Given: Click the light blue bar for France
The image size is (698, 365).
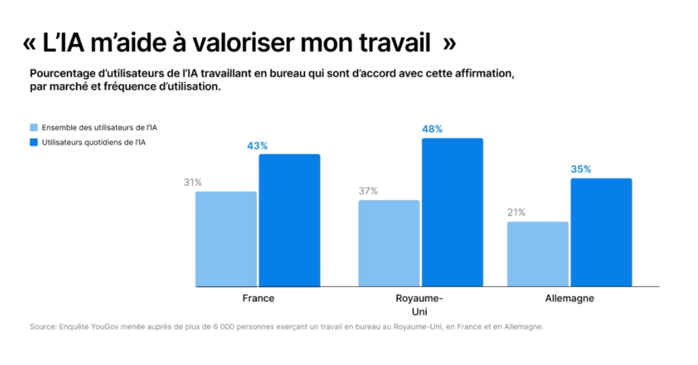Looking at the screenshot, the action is [226, 239].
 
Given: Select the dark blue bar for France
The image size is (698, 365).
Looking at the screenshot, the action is [290, 220].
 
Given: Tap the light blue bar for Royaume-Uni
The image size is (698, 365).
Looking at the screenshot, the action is [389, 243].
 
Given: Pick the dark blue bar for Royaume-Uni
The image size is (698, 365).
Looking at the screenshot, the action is [453, 212].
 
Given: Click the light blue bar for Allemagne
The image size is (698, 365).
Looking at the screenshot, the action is [538, 254].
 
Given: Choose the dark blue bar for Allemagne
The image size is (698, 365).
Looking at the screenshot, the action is [601, 232].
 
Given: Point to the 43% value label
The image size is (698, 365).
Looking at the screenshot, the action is [257, 146].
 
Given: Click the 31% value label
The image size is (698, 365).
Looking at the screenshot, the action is [193, 182].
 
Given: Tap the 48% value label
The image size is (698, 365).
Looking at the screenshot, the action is [432, 129].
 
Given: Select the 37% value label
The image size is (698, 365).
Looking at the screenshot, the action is [368, 191].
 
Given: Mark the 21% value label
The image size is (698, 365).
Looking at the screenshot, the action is [517, 212].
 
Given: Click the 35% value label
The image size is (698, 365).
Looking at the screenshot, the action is [581, 169].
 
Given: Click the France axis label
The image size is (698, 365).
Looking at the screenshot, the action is [258, 298].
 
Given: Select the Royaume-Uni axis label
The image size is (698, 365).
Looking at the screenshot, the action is [419, 305].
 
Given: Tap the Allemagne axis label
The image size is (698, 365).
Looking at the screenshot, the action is [569, 298].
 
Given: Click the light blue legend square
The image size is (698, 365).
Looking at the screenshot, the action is [34, 127].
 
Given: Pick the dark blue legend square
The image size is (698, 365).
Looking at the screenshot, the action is [34, 142].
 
